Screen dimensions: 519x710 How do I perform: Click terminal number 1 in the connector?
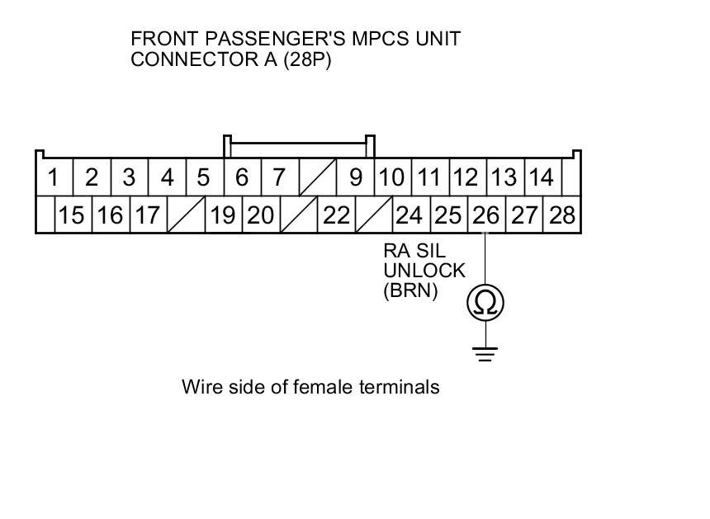pyautogui.click(x=54, y=177)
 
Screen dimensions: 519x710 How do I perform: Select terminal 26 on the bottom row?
pyautogui.click(x=485, y=215)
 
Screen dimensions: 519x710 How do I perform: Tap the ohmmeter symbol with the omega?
pyautogui.click(x=485, y=303)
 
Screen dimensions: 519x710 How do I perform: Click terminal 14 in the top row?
pyautogui.click(x=541, y=177)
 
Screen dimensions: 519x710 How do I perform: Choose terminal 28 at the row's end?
pyautogui.click(x=561, y=215)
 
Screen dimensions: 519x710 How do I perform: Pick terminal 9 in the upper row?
pyautogui.click(x=356, y=177)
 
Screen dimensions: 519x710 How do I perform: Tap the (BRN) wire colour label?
pyautogui.click(x=409, y=290)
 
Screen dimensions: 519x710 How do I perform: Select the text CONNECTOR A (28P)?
pyautogui.click(x=231, y=59)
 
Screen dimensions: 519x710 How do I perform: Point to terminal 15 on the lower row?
pyautogui.click(x=72, y=215)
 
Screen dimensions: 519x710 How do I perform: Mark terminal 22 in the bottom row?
pyautogui.click(x=336, y=215)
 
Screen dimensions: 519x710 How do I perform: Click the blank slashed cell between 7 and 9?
pyautogui.click(x=317, y=177)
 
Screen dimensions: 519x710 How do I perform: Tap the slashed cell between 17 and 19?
pyautogui.click(x=186, y=215)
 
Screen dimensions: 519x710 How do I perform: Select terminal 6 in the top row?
pyautogui.click(x=242, y=177)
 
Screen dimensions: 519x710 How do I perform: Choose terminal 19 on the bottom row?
pyautogui.click(x=223, y=215)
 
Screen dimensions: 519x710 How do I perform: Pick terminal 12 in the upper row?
pyautogui.click(x=466, y=177)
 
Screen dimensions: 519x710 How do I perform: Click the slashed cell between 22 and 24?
pyautogui.click(x=374, y=215)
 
